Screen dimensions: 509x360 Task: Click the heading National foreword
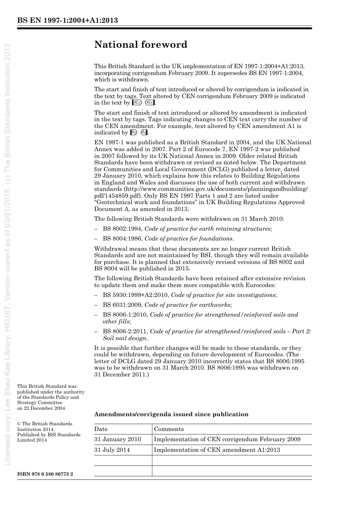coord(141,45)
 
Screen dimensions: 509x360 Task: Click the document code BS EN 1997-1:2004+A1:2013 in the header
coord(67,20)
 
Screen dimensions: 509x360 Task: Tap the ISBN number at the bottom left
coord(45,474)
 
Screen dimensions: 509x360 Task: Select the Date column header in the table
coord(101,429)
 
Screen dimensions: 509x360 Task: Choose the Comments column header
coord(169,429)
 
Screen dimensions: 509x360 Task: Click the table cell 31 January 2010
coord(117,439)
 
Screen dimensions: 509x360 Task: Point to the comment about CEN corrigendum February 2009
coord(227,439)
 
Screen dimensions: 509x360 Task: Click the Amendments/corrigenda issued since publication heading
coord(171,414)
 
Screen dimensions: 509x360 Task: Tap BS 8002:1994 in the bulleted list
coord(122,229)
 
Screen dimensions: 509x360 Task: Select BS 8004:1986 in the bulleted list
coord(122,239)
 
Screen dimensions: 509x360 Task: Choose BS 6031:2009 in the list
coord(122,305)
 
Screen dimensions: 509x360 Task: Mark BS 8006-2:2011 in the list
coord(125,331)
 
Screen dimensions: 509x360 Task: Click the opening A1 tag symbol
coord(133,133)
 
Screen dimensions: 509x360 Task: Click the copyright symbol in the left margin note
coord(19,424)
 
